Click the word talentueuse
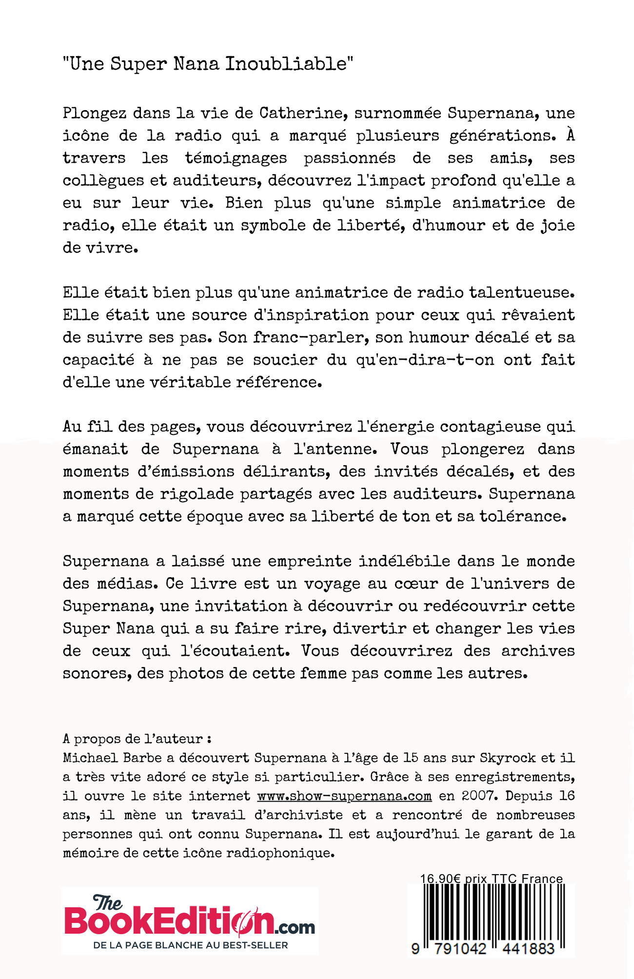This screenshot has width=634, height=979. (521, 293)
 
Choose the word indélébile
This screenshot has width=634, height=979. (404, 561)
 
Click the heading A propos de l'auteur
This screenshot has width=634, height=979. (137, 739)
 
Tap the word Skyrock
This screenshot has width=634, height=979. (508, 758)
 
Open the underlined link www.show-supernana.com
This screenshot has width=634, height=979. (344, 796)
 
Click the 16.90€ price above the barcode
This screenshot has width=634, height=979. (440, 879)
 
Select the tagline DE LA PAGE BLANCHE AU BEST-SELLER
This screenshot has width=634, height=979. (191, 945)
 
